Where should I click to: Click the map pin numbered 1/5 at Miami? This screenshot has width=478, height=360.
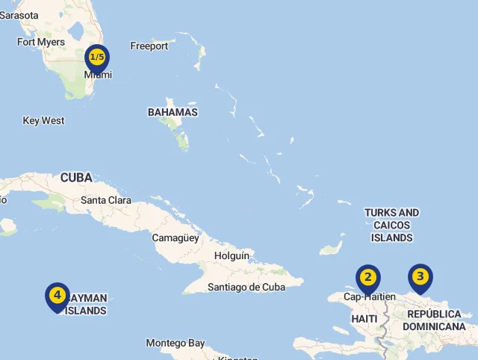(97, 58)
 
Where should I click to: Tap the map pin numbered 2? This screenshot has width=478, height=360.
(367, 279)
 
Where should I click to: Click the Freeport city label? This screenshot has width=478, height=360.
(149, 46)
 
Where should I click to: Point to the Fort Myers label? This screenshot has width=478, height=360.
(41, 42)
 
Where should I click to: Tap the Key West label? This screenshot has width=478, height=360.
(43, 120)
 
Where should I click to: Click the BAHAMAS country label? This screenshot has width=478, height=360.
(173, 112)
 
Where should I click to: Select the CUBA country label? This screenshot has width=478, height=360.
(76, 178)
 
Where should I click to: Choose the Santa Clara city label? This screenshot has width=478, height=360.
(106, 200)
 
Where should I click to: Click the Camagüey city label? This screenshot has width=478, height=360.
(176, 238)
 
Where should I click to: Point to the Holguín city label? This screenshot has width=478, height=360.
(232, 255)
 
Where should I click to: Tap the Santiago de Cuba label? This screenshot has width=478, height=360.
(246, 287)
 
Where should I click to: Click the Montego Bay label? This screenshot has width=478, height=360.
(175, 343)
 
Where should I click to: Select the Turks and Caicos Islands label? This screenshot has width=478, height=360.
(391, 225)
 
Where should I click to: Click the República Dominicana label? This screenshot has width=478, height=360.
(434, 320)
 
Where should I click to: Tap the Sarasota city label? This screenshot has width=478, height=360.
(18, 15)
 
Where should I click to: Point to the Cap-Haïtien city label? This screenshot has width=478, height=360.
(370, 297)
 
